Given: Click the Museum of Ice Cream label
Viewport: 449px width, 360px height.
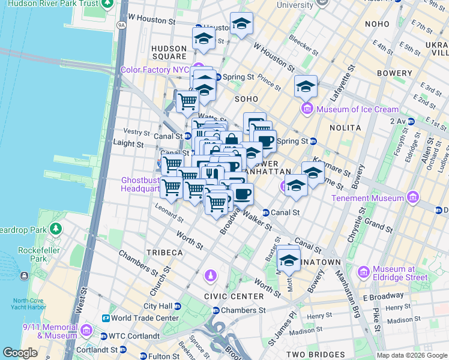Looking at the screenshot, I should point(357,109).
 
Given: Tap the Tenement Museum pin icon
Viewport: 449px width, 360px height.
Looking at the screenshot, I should point(412,197).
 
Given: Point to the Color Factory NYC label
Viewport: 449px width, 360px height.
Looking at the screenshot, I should point(155,70).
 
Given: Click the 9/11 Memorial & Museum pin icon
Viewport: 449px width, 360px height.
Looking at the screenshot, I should point(86,331).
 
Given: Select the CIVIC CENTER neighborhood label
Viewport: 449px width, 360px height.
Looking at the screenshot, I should point(234,296).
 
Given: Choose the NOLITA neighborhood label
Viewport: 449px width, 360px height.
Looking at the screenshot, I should point(345,128).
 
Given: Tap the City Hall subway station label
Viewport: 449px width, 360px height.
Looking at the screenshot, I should point(158,306).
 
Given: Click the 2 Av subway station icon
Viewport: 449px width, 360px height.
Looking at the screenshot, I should point(411,121).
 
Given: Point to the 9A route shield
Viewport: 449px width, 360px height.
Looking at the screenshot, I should point(121,25).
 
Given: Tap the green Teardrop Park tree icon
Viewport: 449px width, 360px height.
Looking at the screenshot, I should point(55,229).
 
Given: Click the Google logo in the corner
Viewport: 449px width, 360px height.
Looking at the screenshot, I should point(20,353).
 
